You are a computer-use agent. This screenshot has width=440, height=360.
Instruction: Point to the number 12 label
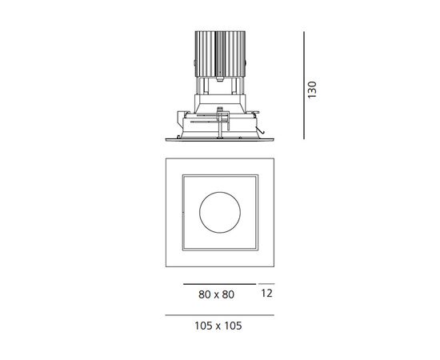[266, 294]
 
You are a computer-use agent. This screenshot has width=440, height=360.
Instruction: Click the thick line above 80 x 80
[213, 284]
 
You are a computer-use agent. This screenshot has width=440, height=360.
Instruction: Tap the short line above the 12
[266, 284]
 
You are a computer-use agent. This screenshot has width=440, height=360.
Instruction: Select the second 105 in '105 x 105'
[233, 326]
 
